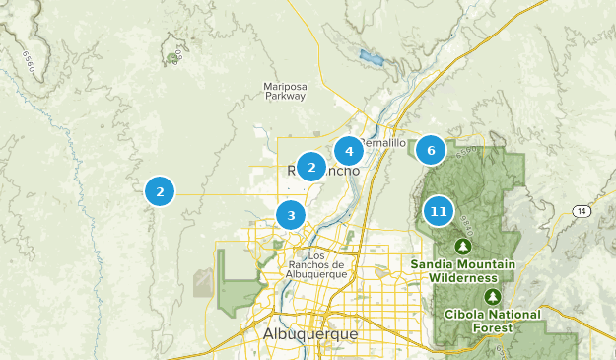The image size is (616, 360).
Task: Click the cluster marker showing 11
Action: (x=439, y=211)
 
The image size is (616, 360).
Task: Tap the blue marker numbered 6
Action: (x=431, y=151)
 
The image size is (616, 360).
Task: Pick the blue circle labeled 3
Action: (x=291, y=214)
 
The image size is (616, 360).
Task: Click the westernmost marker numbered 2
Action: (x=160, y=191)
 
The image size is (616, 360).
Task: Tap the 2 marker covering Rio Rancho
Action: (x=311, y=168)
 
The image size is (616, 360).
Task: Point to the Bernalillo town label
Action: (x=383, y=143)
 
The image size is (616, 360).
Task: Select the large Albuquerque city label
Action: (x=310, y=334)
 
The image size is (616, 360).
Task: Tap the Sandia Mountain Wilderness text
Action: (x=463, y=271)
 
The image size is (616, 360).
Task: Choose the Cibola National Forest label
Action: (x=493, y=320)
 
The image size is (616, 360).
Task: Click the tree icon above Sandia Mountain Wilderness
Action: (x=463, y=245)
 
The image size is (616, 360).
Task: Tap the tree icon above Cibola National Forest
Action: (x=493, y=296)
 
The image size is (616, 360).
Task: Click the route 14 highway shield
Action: (x=583, y=211)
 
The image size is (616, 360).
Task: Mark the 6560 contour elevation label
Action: (x=29, y=64)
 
